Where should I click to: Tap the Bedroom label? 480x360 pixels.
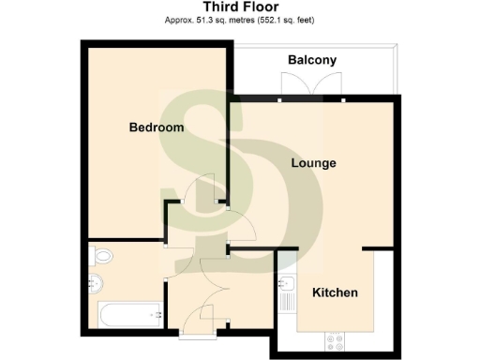click(x=156, y=127)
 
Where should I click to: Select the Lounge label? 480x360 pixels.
click(x=313, y=163)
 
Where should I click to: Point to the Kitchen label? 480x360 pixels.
click(x=335, y=292)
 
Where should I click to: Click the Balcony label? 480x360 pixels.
click(x=312, y=61)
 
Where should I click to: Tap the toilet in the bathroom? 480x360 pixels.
click(x=102, y=254)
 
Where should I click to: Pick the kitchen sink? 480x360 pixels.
click(x=288, y=283)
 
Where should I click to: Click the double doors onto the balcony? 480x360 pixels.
click(x=313, y=85)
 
